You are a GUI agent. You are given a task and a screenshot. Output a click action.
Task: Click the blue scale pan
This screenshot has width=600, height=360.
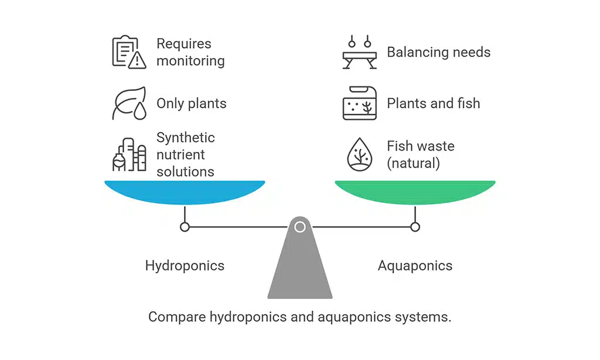185,192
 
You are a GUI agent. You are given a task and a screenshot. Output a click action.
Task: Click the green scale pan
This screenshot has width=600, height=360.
415,192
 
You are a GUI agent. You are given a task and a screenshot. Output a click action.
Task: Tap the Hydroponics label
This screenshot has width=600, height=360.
185,266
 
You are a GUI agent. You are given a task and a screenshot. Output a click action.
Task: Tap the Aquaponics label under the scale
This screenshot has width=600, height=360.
415,266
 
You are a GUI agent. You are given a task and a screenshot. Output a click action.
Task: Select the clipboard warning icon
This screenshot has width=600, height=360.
128,52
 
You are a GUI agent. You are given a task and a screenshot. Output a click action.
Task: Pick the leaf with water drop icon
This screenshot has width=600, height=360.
128,104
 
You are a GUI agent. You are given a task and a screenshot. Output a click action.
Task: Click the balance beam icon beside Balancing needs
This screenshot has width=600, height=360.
360,52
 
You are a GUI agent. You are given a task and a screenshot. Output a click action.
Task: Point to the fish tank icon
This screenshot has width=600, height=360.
360,104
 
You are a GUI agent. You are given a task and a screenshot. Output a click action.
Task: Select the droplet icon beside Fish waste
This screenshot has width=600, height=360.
360,155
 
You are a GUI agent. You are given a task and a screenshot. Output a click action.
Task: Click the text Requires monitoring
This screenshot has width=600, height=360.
190,52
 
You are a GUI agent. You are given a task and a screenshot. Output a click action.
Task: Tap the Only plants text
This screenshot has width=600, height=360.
191,104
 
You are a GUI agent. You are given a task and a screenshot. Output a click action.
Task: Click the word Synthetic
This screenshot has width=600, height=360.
186,138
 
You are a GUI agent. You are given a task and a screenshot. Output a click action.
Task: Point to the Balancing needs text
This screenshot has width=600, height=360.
438,52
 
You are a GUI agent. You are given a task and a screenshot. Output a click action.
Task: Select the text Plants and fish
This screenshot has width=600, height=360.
433,104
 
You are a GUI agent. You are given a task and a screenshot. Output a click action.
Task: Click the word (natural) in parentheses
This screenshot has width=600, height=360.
413,163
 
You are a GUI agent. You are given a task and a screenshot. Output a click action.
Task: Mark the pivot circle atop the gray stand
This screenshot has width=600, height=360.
300,227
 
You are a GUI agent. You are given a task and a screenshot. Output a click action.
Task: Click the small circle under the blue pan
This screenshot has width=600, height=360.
185,227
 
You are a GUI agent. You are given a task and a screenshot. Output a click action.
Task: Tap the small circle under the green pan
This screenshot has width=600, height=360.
415,227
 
